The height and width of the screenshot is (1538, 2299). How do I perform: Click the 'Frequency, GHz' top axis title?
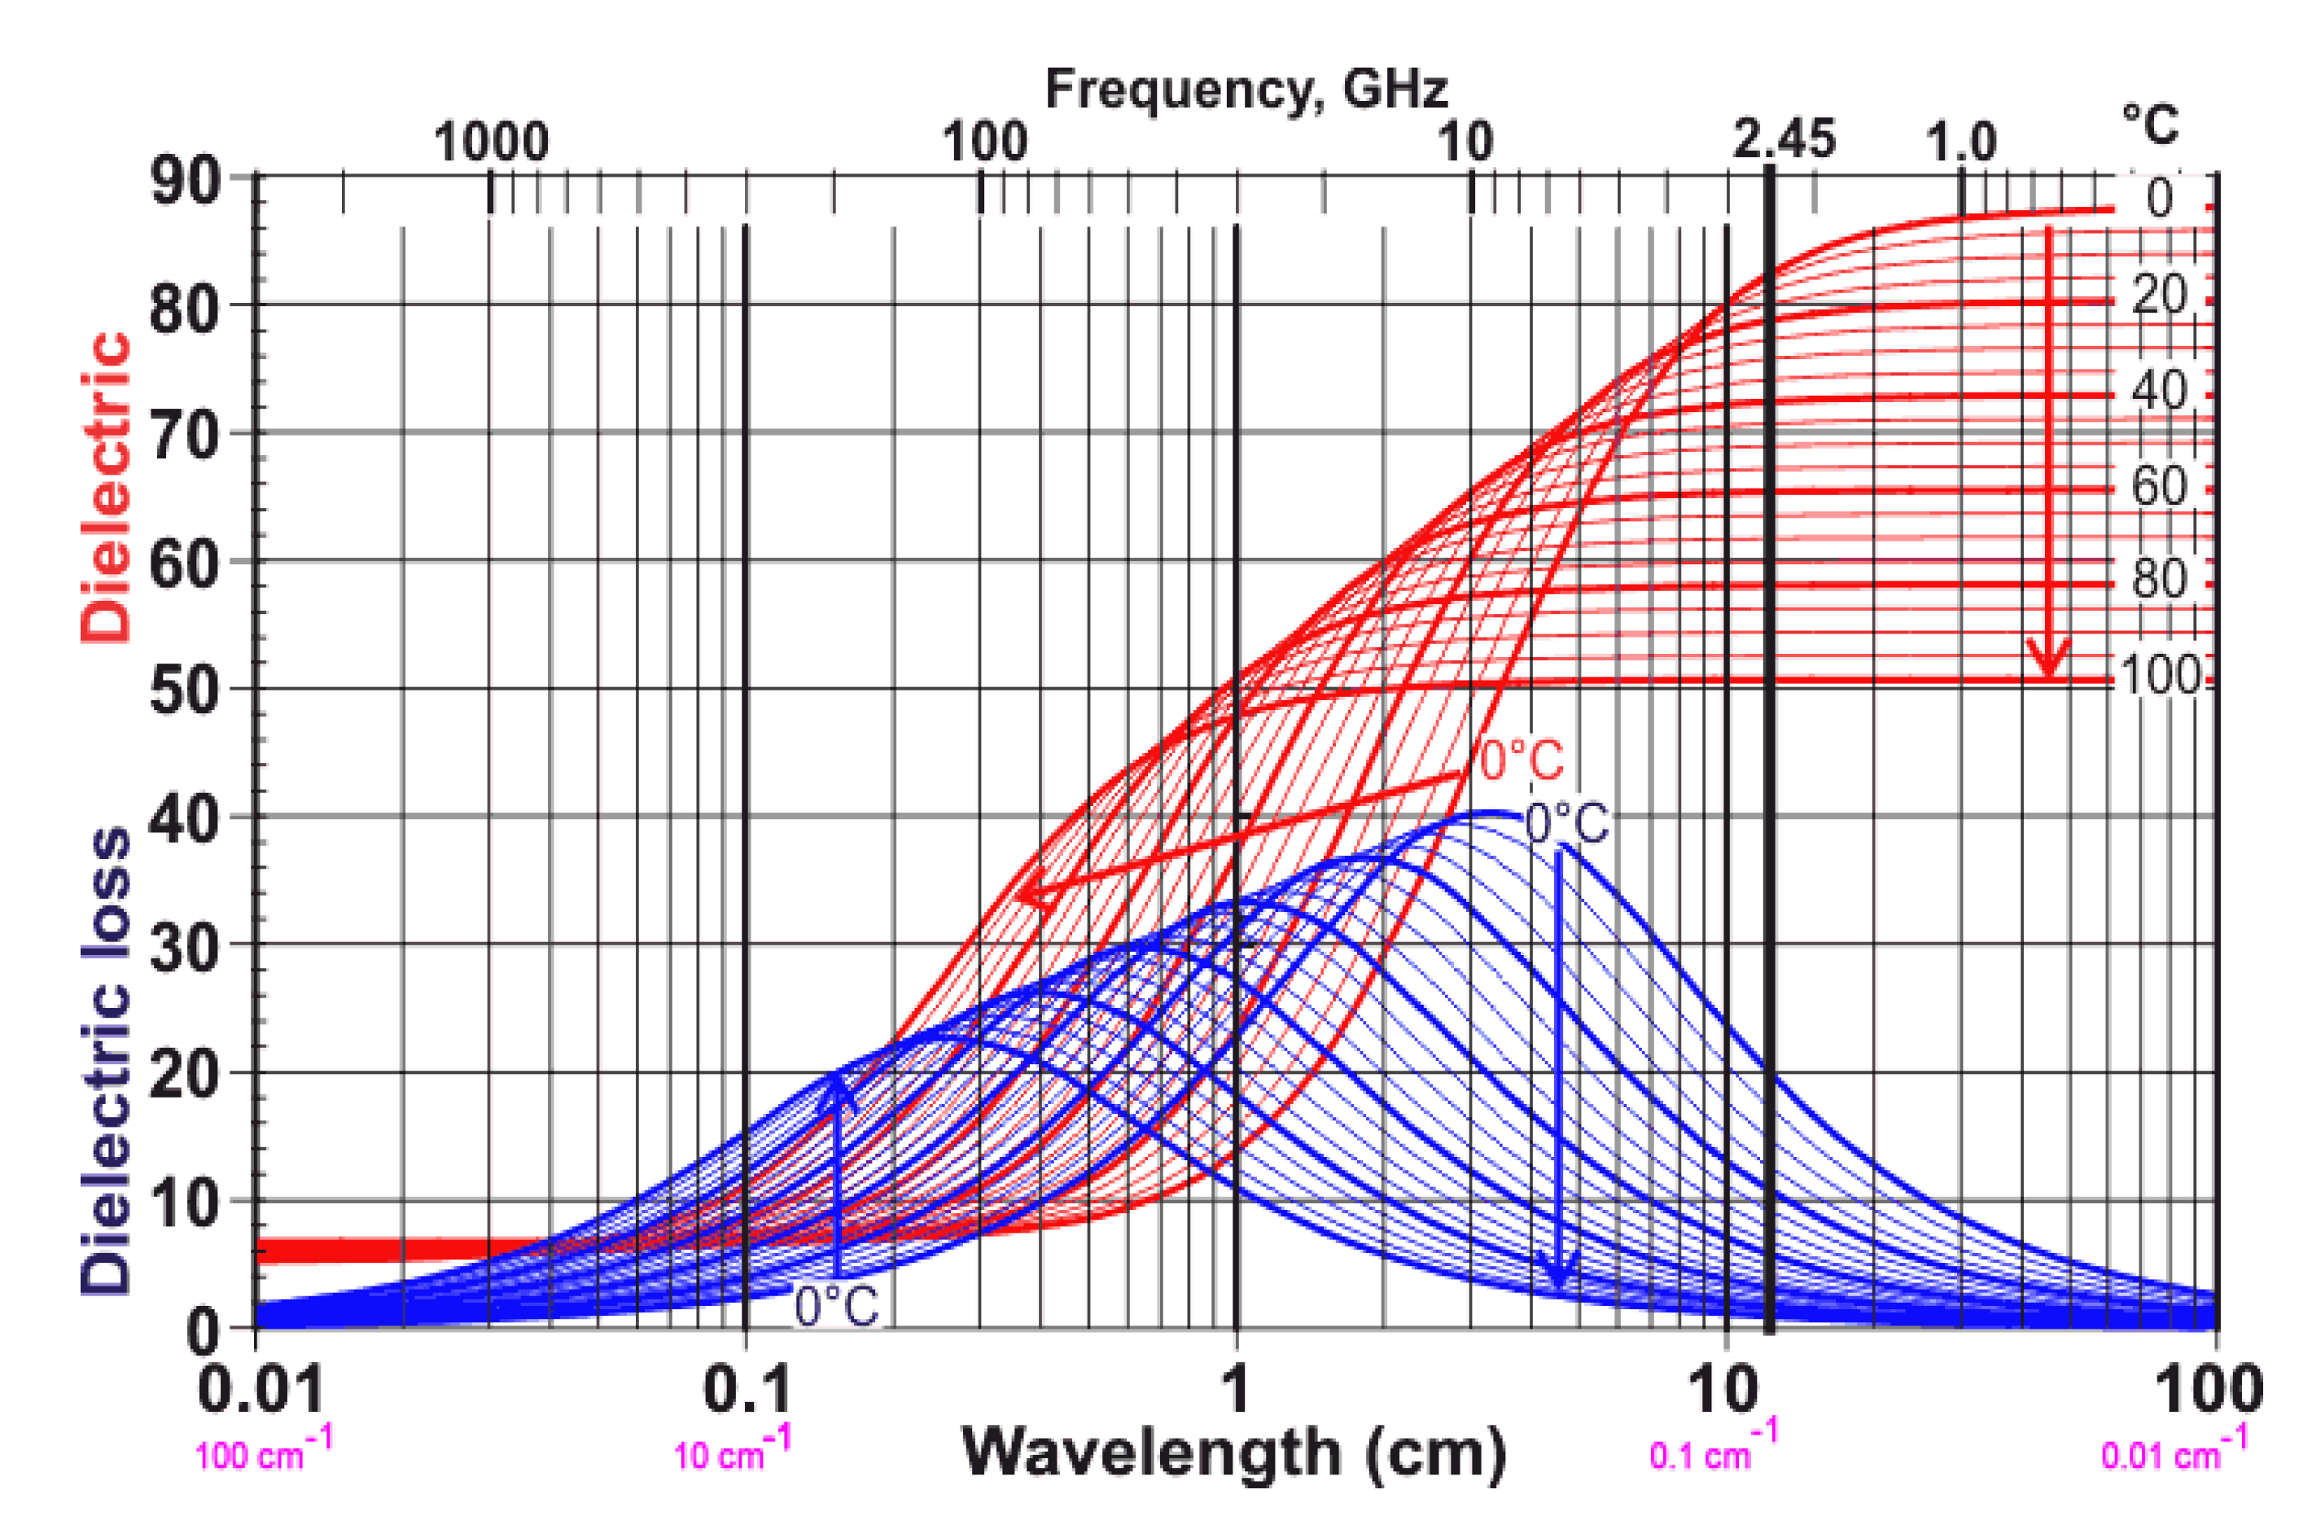1246,90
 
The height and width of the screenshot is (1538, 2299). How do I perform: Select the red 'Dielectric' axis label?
106,488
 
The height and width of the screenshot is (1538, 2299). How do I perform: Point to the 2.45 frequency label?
1783,140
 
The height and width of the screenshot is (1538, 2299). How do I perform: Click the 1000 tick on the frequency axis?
490,143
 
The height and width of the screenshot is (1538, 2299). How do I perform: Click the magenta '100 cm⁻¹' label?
263,1453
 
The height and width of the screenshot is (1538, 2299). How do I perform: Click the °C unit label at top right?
2150,125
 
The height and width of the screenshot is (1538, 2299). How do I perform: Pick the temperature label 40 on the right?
2158,392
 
